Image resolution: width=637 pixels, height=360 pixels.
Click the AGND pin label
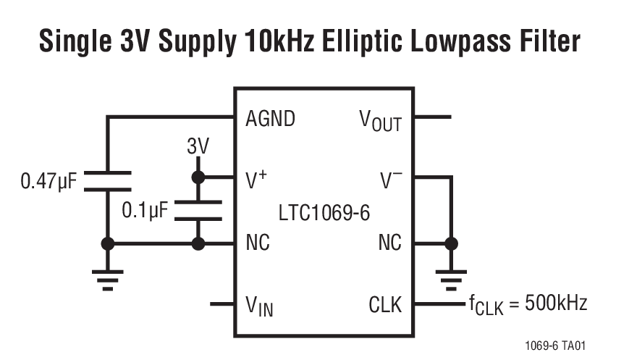270,118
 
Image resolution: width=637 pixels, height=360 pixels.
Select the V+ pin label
257,177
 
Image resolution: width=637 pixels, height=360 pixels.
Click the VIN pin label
259,306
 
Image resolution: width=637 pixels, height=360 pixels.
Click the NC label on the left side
258,243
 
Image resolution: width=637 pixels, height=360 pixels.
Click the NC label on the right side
389,243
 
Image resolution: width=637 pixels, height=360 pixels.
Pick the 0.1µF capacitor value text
145,211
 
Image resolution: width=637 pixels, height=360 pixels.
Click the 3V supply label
198,147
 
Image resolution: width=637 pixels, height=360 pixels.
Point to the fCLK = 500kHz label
525,304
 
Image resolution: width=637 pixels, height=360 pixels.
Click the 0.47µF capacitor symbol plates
108,181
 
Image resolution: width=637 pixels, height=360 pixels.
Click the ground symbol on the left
108,278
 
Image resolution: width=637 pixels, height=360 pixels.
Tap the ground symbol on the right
451,278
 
